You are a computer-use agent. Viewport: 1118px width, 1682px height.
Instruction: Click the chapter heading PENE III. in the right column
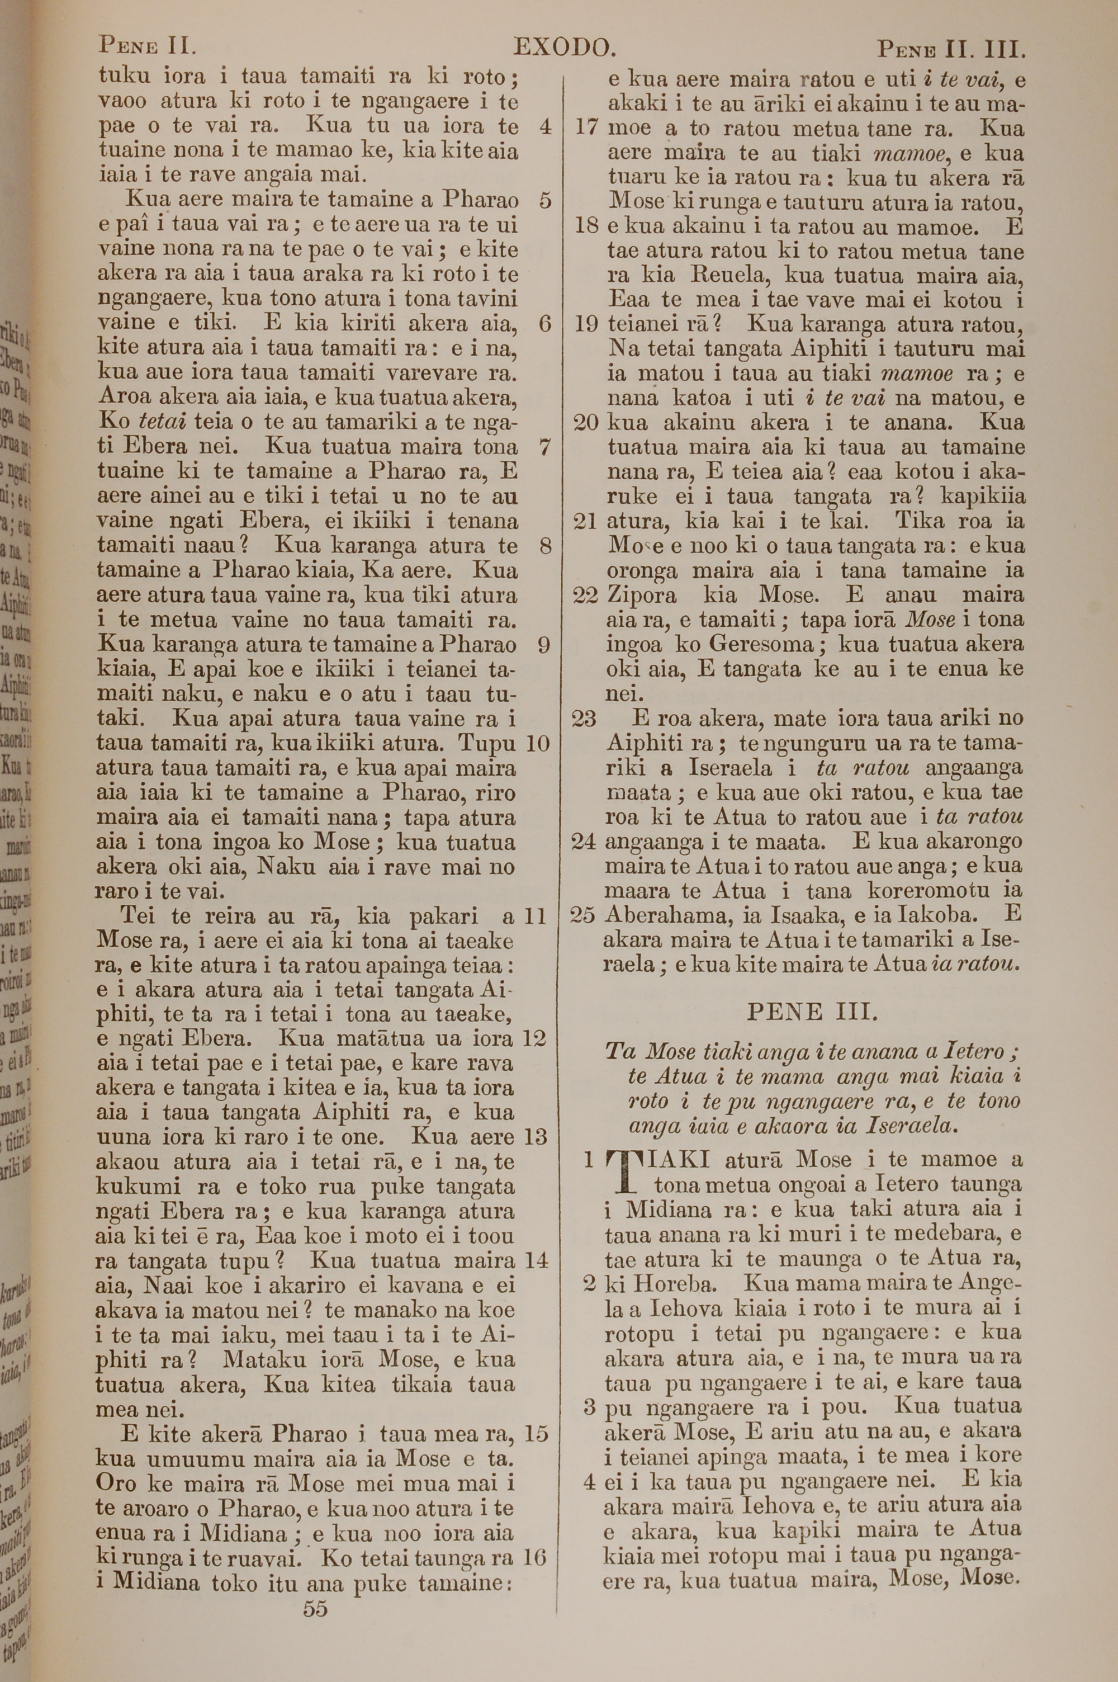(812, 1011)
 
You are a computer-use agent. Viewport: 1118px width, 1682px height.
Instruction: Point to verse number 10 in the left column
(538, 744)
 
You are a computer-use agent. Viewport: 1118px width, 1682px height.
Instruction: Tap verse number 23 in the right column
(584, 718)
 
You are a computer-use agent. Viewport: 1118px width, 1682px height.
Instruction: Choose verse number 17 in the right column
(585, 129)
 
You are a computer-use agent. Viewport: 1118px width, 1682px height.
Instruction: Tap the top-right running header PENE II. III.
(951, 50)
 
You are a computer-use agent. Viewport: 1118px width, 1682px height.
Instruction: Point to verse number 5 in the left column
(546, 201)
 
